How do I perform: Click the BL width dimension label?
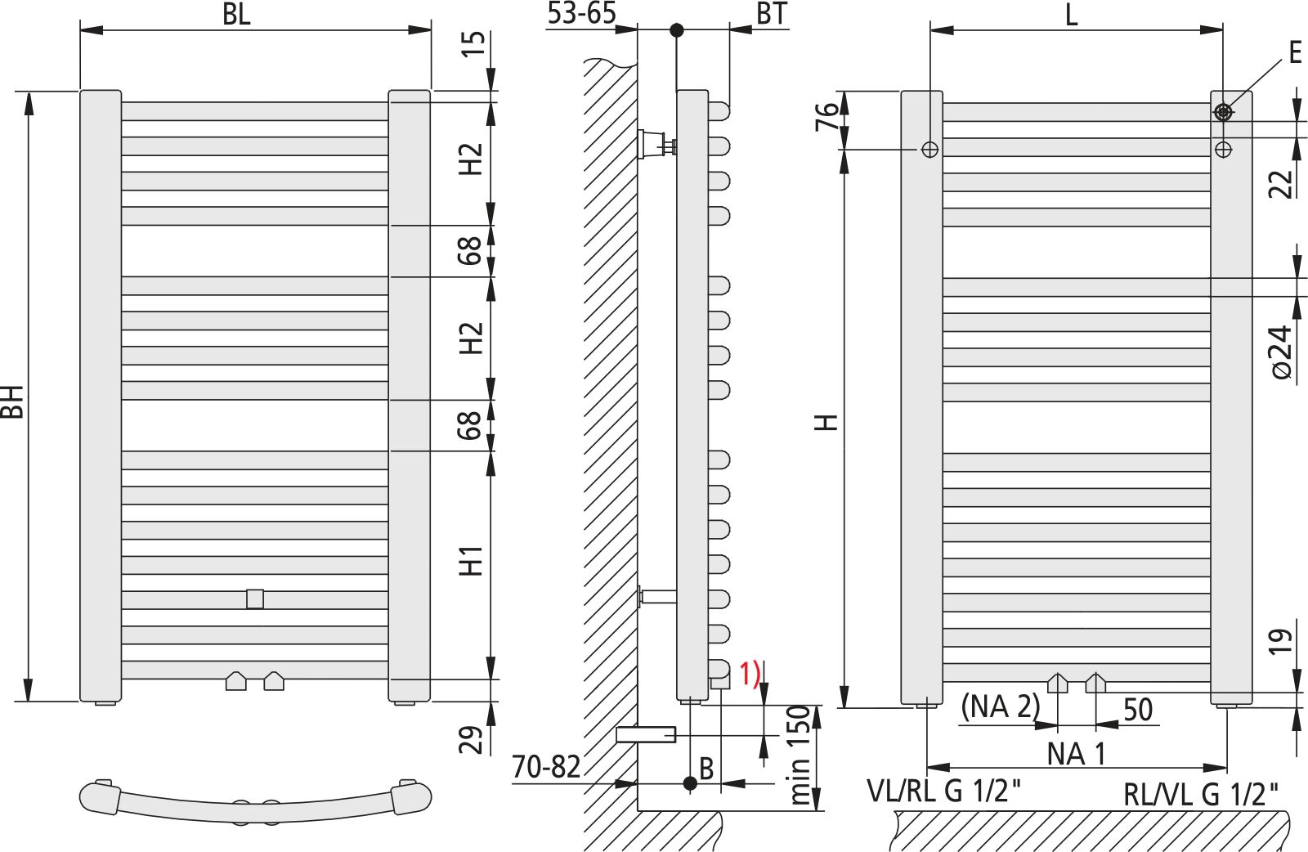(x=236, y=15)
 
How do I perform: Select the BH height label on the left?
(x=12, y=401)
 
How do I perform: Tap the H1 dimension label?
(x=471, y=561)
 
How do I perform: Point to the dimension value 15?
(x=473, y=44)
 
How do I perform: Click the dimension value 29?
(x=471, y=740)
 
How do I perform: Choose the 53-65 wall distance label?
(x=581, y=13)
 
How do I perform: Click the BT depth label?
(x=772, y=13)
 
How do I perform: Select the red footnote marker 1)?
(x=750, y=674)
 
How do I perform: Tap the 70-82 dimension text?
(x=547, y=767)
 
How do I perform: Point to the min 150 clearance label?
(x=799, y=755)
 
